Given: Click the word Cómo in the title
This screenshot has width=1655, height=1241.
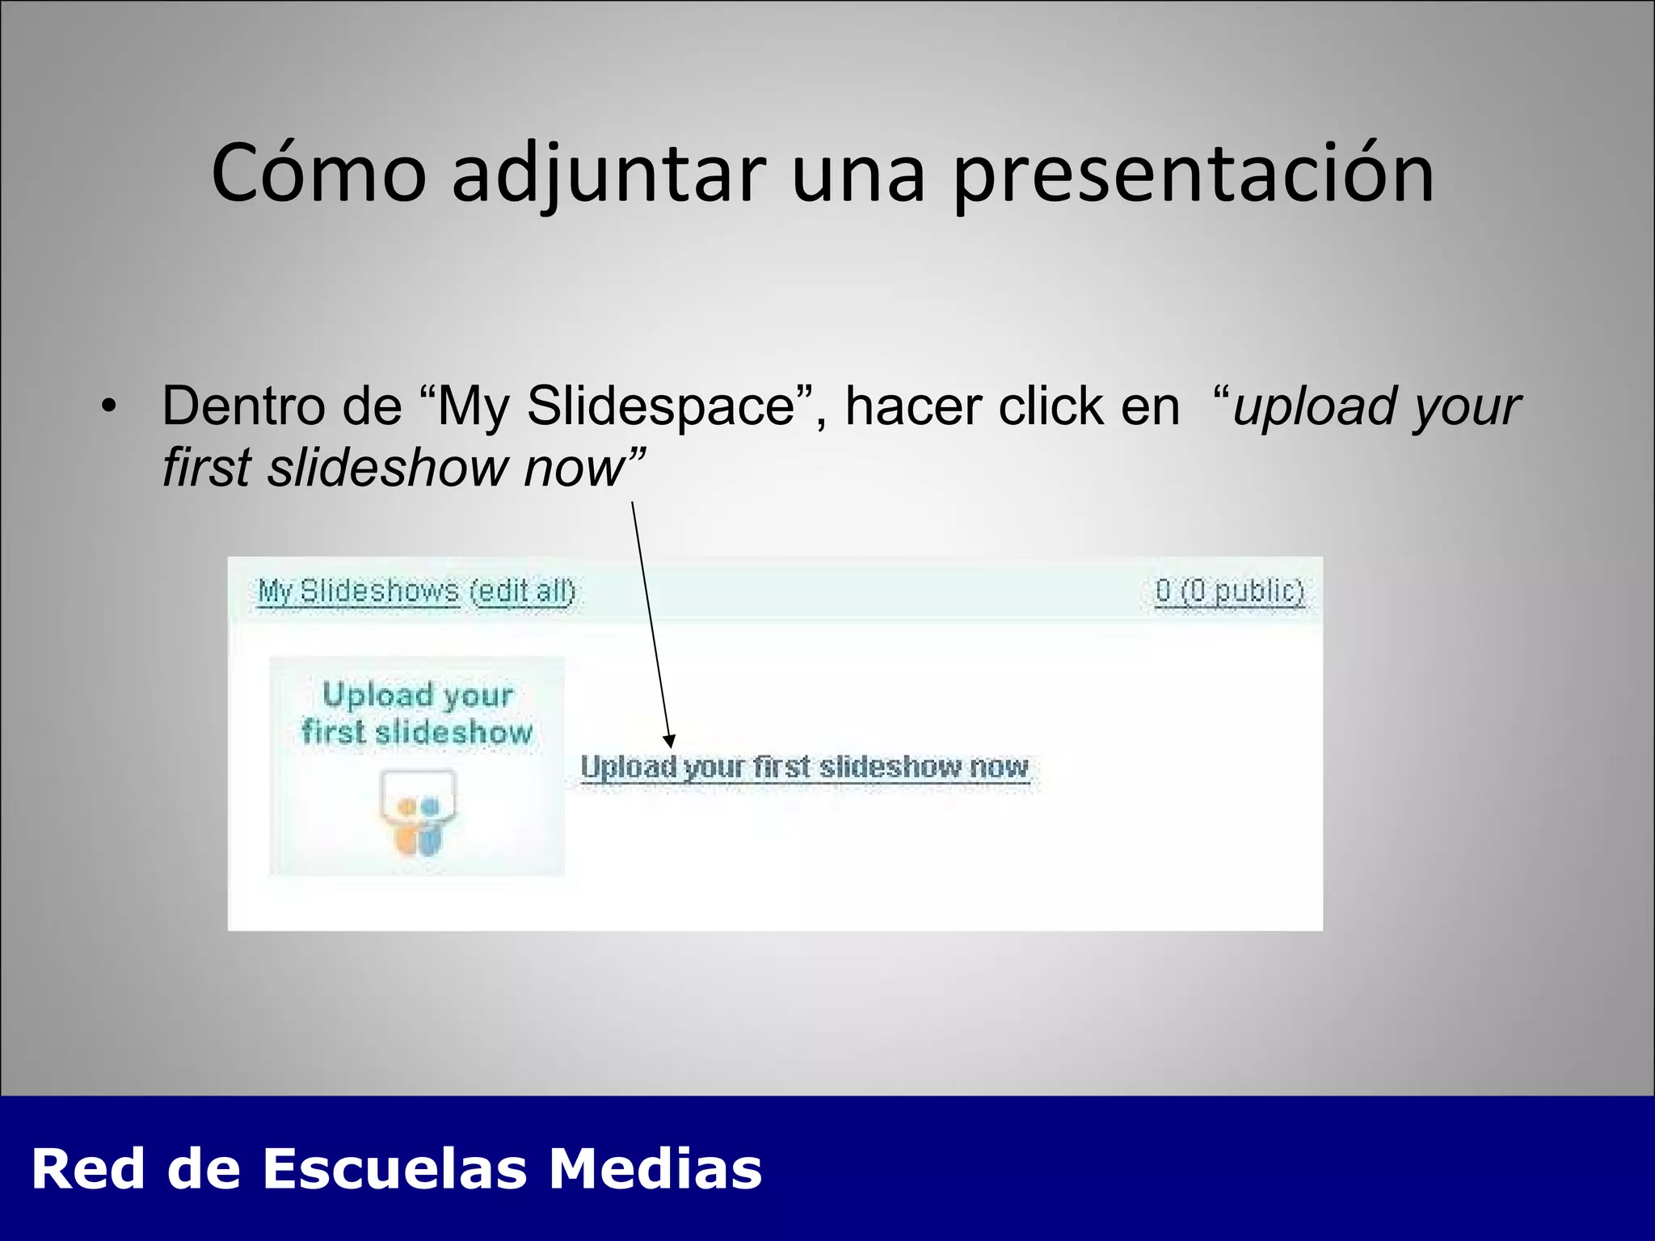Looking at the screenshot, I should [x=318, y=174].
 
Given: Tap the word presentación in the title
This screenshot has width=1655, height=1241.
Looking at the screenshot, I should [x=1194, y=174].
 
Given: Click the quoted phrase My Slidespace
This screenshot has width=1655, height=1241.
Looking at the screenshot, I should [x=615, y=406].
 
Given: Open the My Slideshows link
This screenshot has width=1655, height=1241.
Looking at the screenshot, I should [x=358, y=591].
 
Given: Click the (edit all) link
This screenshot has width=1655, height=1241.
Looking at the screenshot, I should [x=523, y=591].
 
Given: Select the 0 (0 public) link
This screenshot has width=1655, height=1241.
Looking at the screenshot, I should [x=1229, y=591].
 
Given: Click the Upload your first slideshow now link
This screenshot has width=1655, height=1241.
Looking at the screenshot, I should [x=805, y=767].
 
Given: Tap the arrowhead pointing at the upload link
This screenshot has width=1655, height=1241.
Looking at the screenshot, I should [x=669, y=741].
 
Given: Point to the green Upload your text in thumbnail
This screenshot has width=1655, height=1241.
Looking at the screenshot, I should [x=417, y=695].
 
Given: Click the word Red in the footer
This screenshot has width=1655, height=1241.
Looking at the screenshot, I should [x=88, y=1169].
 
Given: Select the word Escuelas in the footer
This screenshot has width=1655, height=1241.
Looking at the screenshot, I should [x=395, y=1169].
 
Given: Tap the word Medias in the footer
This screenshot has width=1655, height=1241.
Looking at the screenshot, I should [x=655, y=1169].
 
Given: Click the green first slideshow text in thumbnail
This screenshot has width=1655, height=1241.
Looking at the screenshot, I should [x=417, y=732].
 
